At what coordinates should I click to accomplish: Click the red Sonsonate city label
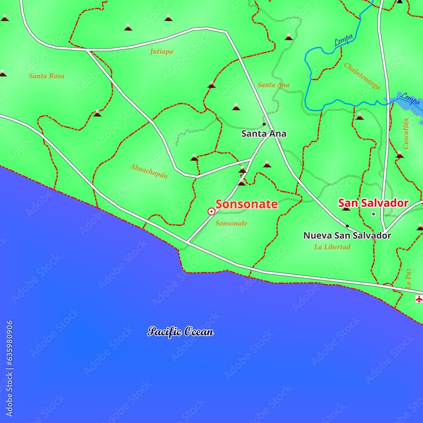pos(247,204)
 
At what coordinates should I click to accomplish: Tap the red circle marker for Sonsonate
pos(211,211)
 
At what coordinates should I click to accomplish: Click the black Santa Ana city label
pos(264,134)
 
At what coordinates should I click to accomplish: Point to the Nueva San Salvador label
pos(347,236)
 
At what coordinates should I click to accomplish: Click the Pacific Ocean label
pos(181,332)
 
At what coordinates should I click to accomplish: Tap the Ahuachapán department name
pos(148,170)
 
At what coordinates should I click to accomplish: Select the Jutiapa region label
pos(161,52)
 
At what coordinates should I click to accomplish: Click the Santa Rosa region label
pos(47,76)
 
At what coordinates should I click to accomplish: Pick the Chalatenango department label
pos(362,76)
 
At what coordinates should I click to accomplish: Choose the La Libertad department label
pos(332,247)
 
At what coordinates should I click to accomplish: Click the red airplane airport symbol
pos(419,299)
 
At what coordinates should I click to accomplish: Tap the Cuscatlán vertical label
pos(406,134)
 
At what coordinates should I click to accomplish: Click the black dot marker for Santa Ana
pos(264,124)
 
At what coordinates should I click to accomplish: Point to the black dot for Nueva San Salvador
pos(347,226)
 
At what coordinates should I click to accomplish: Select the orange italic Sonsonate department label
pos(231,223)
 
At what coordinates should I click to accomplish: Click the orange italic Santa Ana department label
pos(273,85)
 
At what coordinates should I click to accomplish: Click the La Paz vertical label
pos(408,279)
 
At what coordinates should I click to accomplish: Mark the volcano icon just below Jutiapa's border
pos(211,85)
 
